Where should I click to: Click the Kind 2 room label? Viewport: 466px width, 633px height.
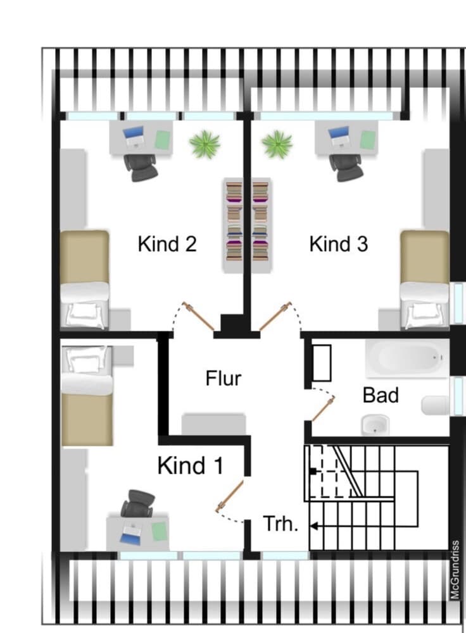pos(167,244)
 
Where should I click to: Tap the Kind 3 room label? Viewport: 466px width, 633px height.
pos(339,244)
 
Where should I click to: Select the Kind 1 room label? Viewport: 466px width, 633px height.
pos(191,465)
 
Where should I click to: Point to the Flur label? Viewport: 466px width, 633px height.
pos(223,378)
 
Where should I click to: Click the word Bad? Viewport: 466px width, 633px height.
pos(381,395)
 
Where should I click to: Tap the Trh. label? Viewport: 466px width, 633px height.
pos(280,524)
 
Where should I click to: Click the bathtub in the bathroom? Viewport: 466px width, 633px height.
pos(407,358)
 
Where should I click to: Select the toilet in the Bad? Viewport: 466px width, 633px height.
pos(434,405)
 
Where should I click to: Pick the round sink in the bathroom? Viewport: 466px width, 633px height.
pos(375,425)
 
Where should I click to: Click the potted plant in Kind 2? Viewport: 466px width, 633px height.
pos(205,144)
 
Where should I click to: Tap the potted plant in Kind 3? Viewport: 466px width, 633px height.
pos(277,144)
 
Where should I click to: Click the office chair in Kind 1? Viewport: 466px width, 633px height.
pos(138,503)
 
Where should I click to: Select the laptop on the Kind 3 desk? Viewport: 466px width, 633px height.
pos(339,137)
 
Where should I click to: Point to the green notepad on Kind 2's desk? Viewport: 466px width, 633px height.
pos(163,140)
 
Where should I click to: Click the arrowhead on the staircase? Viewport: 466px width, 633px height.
pos(313,526)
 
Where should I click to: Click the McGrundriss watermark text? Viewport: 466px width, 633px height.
pos(455,570)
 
